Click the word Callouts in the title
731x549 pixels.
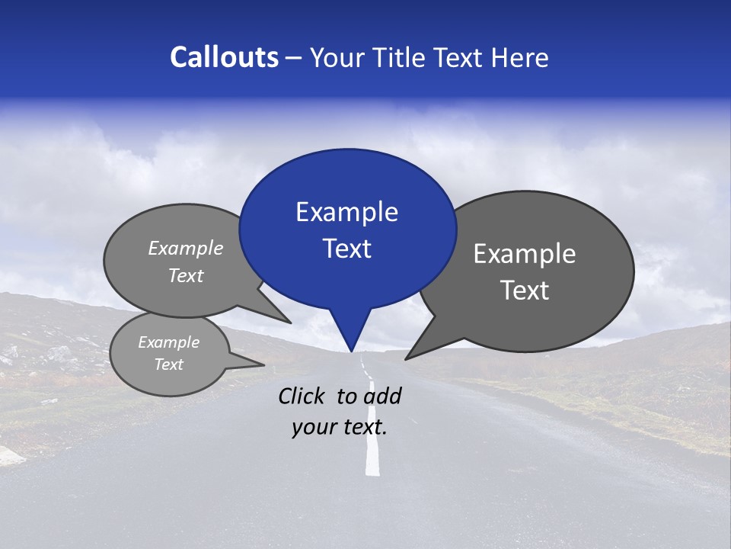coord(224,57)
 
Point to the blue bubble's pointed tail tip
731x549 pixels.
coord(351,351)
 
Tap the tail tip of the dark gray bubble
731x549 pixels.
coord(407,358)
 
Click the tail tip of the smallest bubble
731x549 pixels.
coord(263,364)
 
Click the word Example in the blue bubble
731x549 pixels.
coord(346,212)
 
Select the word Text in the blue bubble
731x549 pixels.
coord(346,249)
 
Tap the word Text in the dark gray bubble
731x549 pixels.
coord(525,291)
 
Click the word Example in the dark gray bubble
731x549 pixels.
coord(525,254)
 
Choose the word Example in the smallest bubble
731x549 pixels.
coord(169,342)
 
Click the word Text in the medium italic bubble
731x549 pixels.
coord(186,276)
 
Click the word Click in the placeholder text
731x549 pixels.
coord(302,396)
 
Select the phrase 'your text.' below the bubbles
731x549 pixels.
coord(339,428)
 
